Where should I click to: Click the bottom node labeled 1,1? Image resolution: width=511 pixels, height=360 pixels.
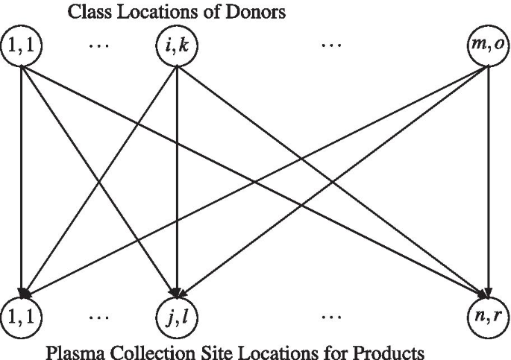pos(22,315)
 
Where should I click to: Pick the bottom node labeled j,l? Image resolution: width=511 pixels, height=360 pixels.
pos(177,315)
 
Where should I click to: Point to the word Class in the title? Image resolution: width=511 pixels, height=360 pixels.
pos(86,12)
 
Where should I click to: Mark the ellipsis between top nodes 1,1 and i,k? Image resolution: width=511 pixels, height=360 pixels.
pos(98,45)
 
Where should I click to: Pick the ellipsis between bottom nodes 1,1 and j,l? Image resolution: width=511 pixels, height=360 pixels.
pos(98,317)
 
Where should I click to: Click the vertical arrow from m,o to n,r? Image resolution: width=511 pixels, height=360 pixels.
pos(487,179)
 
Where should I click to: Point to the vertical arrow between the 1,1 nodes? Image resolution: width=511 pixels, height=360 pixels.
pos(22,179)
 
